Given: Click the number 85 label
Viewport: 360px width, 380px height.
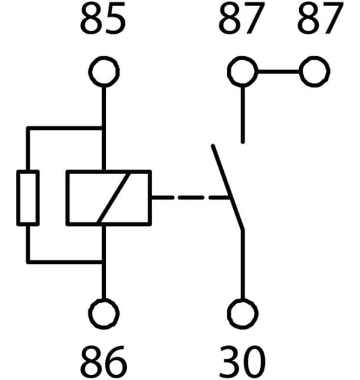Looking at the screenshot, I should click(103, 22).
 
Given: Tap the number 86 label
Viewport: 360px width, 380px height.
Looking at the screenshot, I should click(103, 362).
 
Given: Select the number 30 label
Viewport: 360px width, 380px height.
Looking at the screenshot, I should click(241, 362).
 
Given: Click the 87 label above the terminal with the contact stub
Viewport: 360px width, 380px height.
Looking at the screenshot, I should click(241, 22).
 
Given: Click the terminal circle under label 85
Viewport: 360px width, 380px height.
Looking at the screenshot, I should click(103, 72).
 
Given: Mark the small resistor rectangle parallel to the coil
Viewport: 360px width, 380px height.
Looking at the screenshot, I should click(28, 197).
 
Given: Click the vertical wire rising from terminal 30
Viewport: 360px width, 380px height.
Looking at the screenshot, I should click(242, 266).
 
